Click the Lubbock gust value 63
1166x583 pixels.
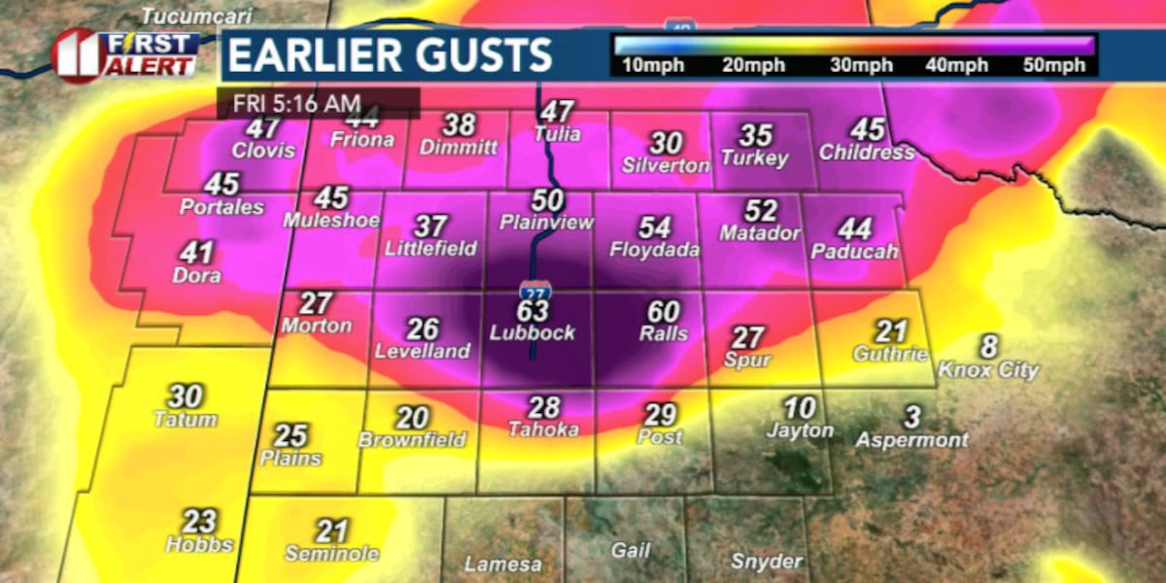(x=533, y=311)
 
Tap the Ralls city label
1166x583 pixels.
(x=664, y=334)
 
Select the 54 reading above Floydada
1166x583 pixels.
(x=655, y=227)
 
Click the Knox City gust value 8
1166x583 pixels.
(x=988, y=347)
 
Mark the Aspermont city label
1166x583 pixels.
(x=911, y=440)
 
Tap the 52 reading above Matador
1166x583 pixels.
(x=761, y=210)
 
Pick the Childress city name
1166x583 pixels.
(x=867, y=153)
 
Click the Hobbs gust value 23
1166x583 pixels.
(x=199, y=521)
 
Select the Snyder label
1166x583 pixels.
(x=766, y=562)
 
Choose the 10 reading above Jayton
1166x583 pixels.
(x=800, y=407)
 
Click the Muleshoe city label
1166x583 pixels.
(x=331, y=221)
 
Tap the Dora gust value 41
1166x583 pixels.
(x=196, y=254)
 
